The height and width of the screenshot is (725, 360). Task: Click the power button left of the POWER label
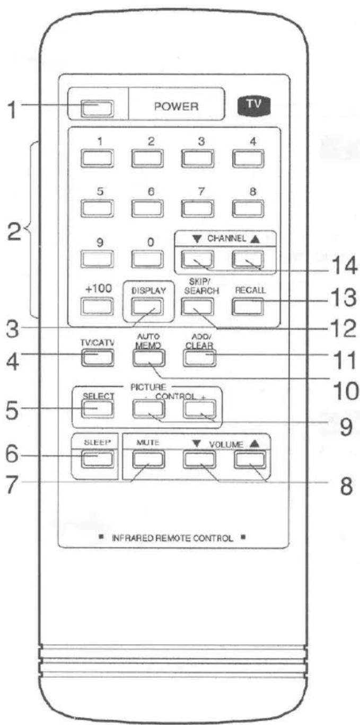coord(97,109)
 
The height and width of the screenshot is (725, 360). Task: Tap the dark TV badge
coord(254,105)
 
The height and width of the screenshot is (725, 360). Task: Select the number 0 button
coord(147,259)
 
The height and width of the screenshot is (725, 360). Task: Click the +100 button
coord(97,306)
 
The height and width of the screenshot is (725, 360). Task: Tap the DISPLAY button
coord(147,306)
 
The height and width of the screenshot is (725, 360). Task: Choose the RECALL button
coord(248,306)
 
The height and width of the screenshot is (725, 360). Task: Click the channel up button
coord(248,259)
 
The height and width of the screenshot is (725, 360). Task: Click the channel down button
coord(197,259)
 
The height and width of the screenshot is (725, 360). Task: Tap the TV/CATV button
coord(98,358)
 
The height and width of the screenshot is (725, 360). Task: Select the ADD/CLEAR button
coord(199,358)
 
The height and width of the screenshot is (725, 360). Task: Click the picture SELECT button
coord(98,409)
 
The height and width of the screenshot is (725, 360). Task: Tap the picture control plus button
coord(199,409)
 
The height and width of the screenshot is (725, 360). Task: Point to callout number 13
coord(343,298)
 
